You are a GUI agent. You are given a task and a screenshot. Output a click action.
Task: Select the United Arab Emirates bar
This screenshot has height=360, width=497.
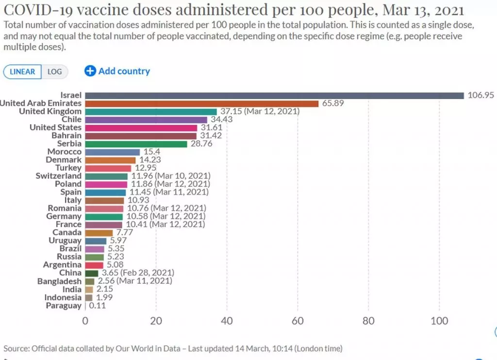pyautogui.click(x=201, y=103)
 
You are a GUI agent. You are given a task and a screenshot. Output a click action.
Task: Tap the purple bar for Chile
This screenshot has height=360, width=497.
pyautogui.click(x=146, y=119)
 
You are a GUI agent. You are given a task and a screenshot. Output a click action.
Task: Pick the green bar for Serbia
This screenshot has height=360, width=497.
pyautogui.click(x=136, y=144)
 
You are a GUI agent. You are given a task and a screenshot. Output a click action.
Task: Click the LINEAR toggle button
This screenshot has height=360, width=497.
pyautogui.click(x=22, y=72)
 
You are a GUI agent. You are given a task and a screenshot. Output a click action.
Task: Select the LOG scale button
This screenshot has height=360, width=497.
pyautogui.click(x=54, y=72)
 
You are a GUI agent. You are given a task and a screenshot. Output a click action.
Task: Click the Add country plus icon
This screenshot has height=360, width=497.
pyautogui.click(x=90, y=71)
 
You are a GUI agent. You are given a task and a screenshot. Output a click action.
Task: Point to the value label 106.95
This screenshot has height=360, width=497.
pyautogui.click(x=480, y=95)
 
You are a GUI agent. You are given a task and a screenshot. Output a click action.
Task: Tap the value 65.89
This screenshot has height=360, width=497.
pyautogui.click(x=333, y=103)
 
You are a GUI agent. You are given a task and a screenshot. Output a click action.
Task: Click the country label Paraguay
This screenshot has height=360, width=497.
pyautogui.click(x=64, y=306)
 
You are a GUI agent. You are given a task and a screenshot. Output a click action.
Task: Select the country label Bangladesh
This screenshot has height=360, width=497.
pyautogui.click(x=59, y=281)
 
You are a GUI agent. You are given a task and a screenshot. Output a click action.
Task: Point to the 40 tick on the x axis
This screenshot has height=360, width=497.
pyautogui.click(x=227, y=321)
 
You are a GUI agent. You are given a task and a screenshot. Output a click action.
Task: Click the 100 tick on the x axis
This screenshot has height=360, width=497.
pyautogui.click(x=439, y=321)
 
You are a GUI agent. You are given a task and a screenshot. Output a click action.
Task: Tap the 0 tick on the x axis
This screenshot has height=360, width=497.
pyautogui.click(x=85, y=321)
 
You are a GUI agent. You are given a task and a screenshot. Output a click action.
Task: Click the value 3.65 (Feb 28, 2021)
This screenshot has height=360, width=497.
pyautogui.click(x=137, y=273)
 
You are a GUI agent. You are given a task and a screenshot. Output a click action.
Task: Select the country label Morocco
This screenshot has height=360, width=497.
pyautogui.click(x=65, y=152)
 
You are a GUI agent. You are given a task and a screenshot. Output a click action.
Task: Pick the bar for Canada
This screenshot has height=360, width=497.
pyautogui.click(x=99, y=233)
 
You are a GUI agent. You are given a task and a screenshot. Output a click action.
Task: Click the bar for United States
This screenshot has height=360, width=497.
pyautogui.click(x=141, y=128)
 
